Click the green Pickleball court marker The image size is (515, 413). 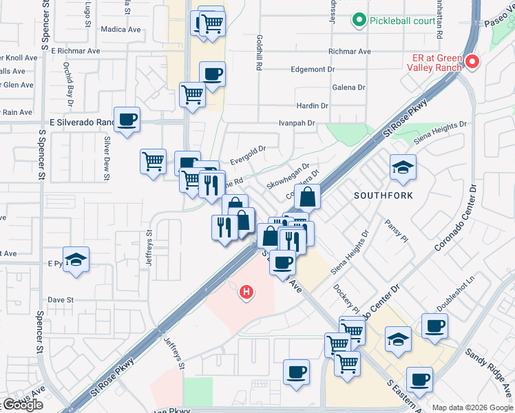pos(359,21)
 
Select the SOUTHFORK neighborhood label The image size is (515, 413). pos(383,195)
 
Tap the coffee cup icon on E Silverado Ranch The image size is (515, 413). pos(127,121)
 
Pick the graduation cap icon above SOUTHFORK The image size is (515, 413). pos(403,167)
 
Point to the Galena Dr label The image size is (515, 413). pos(348,87)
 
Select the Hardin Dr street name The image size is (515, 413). pos(312,105)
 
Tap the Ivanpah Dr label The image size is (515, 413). pos(296,123)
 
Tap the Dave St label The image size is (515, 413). pos(61,300)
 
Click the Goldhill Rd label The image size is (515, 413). pos(260,54)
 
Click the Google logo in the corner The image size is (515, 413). pos(23,405)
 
